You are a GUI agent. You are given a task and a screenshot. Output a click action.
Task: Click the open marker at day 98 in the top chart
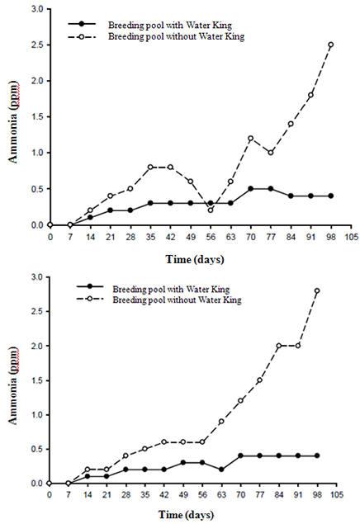[330, 45]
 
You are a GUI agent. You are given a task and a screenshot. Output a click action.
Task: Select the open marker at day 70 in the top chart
[251, 138]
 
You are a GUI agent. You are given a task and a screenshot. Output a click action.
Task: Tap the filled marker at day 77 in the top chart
[271, 189]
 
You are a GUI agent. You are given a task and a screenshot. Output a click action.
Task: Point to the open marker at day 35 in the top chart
[150, 167]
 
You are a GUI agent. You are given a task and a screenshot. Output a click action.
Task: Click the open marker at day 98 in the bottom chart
[317, 290]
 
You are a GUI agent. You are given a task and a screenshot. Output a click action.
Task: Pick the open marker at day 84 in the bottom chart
[279, 346]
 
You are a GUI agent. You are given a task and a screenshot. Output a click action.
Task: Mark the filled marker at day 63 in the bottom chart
[221, 470]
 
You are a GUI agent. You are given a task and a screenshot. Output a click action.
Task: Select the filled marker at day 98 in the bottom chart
[317, 456]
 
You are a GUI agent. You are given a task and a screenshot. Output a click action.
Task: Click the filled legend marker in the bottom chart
[89, 286]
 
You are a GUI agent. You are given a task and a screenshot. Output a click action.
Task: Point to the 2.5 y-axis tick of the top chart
[37, 45]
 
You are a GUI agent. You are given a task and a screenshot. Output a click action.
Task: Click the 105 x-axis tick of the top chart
[351, 237]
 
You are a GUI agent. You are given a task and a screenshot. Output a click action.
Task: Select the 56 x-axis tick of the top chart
[211, 237]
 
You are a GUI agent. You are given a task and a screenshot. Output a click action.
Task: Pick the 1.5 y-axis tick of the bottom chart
[37, 380]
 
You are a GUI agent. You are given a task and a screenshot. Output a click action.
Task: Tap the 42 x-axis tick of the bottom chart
[163, 495]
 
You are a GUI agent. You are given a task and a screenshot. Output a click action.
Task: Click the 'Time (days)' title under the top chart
[195, 259]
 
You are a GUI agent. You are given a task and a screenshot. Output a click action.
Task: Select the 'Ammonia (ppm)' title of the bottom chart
[14, 385]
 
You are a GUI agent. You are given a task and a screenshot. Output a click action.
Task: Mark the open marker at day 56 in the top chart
[211, 210]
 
